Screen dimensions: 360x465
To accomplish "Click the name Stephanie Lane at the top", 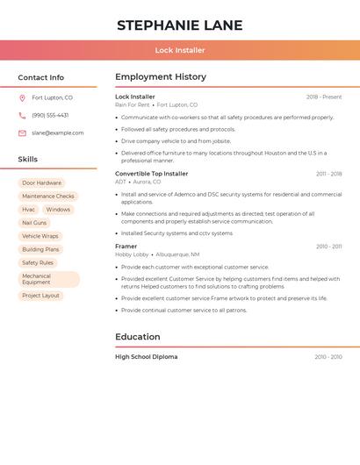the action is click(179, 25).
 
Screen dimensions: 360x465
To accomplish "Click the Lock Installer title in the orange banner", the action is click(180, 50).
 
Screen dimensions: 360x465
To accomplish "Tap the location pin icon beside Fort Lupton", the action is click(22, 98).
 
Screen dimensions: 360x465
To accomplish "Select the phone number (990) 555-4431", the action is click(50, 115).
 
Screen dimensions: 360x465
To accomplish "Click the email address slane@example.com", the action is click(58, 132).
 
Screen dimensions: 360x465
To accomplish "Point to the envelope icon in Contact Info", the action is click(22, 132).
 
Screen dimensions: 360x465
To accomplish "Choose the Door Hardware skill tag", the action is click(42, 182).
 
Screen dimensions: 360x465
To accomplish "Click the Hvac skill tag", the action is click(29, 210).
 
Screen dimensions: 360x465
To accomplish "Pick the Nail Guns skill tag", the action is click(34, 223).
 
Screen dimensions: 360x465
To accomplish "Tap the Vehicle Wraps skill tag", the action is click(40, 236).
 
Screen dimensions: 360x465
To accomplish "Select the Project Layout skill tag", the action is click(41, 296).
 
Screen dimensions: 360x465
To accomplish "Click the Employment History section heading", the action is click(161, 77).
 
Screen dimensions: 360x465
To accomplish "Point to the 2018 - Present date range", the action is click(324, 97).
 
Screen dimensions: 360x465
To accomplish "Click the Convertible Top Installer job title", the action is click(152, 174).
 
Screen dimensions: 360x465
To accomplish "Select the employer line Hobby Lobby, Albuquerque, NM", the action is click(157, 254).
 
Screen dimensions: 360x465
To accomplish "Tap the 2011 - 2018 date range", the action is click(329, 174).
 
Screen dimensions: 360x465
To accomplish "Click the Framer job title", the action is click(126, 247).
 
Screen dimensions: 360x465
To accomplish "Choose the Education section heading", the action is click(138, 337).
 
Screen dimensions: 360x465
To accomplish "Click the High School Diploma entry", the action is click(147, 357).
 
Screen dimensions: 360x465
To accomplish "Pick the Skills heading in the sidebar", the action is click(28, 160).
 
